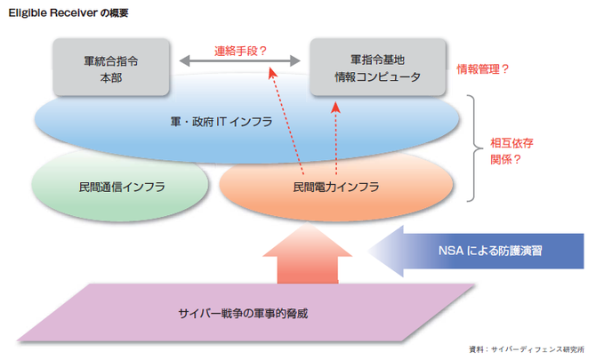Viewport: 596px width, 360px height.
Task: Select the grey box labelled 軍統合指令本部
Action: coord(111,68)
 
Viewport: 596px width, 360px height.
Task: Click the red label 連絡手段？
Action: coord(240,52)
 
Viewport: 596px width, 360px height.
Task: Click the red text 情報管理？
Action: coord(482,68)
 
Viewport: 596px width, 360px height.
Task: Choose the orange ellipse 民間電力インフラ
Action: coord(335,188)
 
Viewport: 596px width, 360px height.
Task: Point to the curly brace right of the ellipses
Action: coord(475,147)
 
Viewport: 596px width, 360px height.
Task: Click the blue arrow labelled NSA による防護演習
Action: coord(480,252)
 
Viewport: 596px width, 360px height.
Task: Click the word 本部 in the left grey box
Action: coord(111,77)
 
